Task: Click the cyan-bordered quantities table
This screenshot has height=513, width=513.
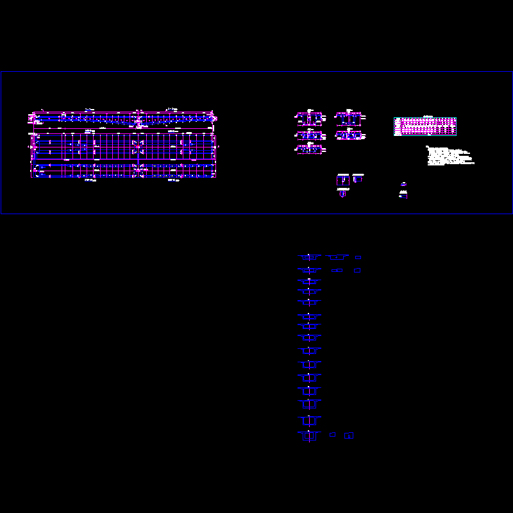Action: pyautogui.click(x=425, y=126)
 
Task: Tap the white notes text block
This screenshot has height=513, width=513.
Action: pyautogui.click(x=449, y=156)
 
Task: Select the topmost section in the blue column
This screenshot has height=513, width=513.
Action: pyautogui.click(x=309, y=257)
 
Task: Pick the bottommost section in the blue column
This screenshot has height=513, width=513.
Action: pyautogui.click(x=309, y=436)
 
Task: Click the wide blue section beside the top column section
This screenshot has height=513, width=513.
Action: pyautogui.click(x=337, y=257)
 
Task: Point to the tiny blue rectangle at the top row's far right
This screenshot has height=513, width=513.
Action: pyautogui.click(x=358, y=257)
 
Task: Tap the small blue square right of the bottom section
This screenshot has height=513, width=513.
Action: pyautogui.click(x=333, y=435)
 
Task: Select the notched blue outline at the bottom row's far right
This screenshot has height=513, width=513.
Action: pyautogui.click(x=349, y=435)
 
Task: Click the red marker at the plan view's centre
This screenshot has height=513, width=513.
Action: pyautogui.click(x=138, y=147)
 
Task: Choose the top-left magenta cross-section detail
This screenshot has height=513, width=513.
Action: pyautogui.click(x=309, y=119)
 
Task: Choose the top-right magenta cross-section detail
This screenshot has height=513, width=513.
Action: pyautogui.click(x=349, y=119)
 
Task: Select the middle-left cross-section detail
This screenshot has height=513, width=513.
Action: pyautogui.click(x=309, y=135)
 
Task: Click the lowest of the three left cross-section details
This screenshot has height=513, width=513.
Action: pyautogui.click(x=309, y=149)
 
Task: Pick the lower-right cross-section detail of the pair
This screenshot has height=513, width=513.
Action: pyautogui.click(x=349, y=135)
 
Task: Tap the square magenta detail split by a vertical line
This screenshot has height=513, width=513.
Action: pyautogui.click(x=343, y=181)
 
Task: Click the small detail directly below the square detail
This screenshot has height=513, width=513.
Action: pyautogui.click(x=342, y=194)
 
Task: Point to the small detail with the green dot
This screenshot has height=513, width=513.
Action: pyautogui.click(x=403, y=196)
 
